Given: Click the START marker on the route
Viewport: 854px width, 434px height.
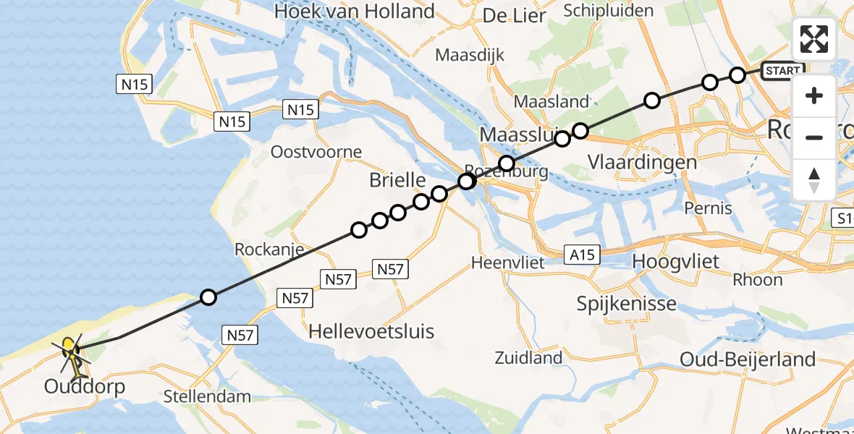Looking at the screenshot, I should click(782, 71).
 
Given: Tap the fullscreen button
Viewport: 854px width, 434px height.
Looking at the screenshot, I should click(814, 39).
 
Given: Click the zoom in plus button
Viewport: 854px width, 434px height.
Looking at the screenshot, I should click(814, 95).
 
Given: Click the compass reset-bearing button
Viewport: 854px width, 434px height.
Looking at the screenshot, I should click(814, 180).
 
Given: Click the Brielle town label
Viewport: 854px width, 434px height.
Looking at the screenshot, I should click(392, 180).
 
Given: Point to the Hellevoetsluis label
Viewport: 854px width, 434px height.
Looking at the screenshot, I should click(371, 331).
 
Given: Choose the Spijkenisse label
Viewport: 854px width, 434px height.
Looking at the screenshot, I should click(627, 303).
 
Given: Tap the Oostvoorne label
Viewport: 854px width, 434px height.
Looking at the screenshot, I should click(316, 152).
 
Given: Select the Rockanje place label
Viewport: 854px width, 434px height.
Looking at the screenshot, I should click(269, 249).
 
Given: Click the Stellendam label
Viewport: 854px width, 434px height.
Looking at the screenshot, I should click(207, 396).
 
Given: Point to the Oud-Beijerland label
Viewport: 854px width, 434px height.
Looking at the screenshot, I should click(748, 359).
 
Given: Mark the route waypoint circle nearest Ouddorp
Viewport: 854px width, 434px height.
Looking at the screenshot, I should click(208, 297).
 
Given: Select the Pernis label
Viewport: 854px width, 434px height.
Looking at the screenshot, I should click(708, 208).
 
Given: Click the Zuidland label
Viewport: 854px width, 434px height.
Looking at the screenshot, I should click(528, 357).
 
